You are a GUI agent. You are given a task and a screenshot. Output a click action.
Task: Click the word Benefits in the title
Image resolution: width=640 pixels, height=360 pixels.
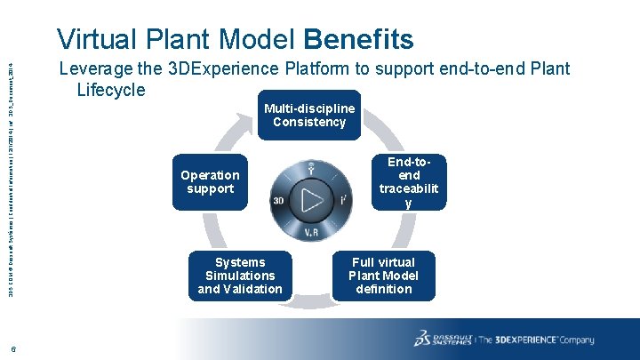358,39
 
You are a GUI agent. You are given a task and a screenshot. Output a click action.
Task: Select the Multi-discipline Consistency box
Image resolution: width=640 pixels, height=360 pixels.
309,115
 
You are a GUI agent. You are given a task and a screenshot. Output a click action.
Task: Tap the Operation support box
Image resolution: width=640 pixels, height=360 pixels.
210,182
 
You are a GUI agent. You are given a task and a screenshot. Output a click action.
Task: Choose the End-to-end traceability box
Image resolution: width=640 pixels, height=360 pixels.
408,181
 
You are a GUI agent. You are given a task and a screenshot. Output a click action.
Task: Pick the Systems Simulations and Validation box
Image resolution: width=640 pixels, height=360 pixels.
240,276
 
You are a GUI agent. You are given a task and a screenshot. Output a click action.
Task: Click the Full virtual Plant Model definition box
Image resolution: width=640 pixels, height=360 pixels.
383,276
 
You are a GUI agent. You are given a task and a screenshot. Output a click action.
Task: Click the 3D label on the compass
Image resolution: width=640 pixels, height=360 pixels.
278,200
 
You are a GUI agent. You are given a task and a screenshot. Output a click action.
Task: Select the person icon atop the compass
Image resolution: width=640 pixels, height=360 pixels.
311,169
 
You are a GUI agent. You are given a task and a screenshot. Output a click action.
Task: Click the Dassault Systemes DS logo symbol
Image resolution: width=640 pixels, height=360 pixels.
425,339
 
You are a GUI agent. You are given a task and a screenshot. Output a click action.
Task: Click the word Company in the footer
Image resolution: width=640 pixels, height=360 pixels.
577,340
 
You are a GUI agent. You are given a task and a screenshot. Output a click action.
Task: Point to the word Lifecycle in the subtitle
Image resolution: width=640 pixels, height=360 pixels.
111,89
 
